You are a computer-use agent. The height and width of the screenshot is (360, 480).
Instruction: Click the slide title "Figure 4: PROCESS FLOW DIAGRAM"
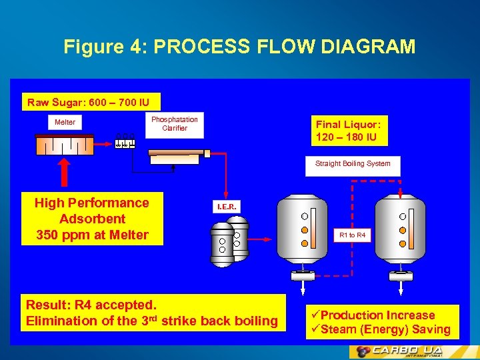point(239,47)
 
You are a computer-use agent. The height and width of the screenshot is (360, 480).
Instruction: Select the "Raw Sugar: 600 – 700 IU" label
point(92,102)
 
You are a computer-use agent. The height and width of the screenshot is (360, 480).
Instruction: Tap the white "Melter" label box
point(65,122)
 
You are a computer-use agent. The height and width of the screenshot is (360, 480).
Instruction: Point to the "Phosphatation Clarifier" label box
point(174,124)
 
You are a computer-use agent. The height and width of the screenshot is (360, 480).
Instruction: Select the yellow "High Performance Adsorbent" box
point(92,219)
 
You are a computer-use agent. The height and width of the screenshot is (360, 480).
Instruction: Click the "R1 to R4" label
point(352,235)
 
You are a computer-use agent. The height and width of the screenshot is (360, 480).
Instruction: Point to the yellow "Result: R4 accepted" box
point(153,313)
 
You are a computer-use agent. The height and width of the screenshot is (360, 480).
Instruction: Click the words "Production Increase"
point(377,315)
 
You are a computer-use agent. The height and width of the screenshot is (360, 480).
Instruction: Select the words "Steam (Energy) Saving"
point(385,329)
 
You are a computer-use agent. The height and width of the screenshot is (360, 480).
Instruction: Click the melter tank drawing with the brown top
point(65,145)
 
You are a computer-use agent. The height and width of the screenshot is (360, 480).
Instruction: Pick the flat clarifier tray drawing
point(175,155)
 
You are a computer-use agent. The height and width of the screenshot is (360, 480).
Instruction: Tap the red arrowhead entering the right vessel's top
point(400,195)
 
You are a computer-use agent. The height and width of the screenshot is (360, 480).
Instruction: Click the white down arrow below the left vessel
point(303,285)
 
